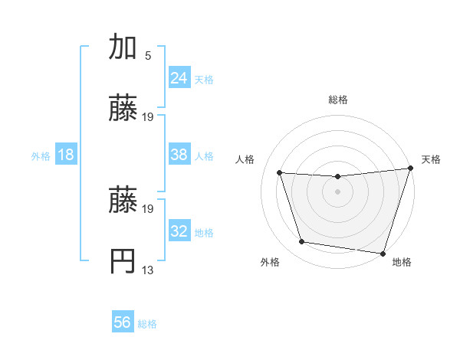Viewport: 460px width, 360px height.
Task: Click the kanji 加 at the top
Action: (x=123, y=47)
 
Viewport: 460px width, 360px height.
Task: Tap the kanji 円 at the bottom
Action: (x=123, y=260)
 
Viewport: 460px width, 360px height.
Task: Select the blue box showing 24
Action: (x=179, y=77)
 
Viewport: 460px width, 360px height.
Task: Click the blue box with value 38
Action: (x=179, y=155)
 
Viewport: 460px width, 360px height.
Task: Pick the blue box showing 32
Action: (x=179, y=231)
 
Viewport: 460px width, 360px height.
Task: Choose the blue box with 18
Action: (x=65, y=155)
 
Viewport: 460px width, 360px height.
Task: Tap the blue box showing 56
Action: (x=123, y=322)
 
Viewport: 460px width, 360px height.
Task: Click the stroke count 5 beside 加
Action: (x=148, y=55)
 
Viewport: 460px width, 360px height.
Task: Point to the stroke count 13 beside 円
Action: (x=148, y=269)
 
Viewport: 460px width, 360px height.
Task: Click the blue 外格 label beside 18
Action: (x=41, y=155)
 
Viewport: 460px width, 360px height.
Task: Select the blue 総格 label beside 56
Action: (x=147, y=323)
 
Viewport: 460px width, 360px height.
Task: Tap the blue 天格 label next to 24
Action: (x=204, y=79)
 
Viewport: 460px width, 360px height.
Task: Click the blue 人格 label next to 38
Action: (x=204, y=155)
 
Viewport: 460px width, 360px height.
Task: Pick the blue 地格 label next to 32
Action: (x=204, y=232)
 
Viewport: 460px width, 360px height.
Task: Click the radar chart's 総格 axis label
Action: (x=337, y=100)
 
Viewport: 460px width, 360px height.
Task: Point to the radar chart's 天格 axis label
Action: (x=431, y=159)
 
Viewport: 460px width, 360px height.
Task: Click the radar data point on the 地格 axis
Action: (x=382, y=253)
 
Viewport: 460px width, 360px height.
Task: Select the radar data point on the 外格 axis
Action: (x=302, y=242)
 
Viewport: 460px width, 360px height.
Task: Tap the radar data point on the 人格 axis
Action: (x=280, y=173)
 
